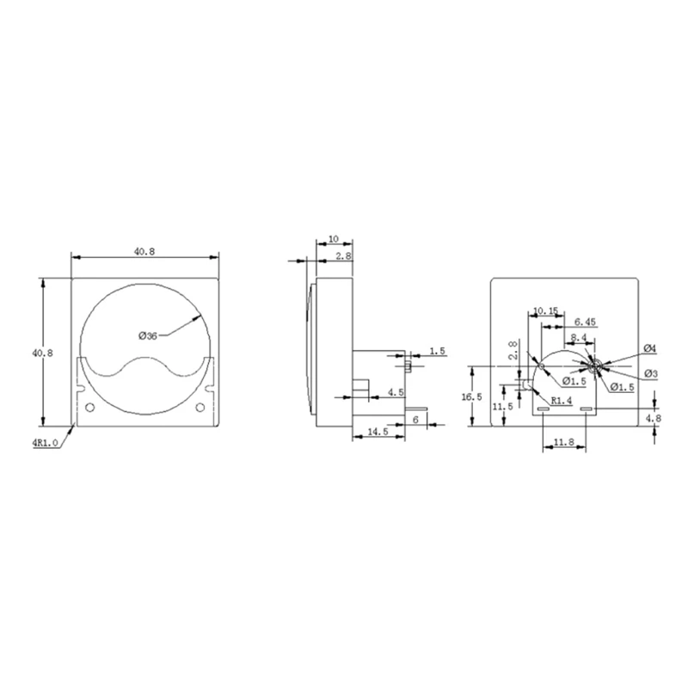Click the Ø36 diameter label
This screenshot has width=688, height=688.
tap(148, 336)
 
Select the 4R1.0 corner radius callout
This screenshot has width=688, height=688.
tap(45, 443)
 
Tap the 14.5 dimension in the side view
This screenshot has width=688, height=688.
tap(378, 432)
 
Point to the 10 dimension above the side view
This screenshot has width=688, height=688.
tap(334, 239)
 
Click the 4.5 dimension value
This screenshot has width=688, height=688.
tap(396, 392)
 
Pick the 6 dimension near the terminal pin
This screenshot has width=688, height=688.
tap(416, 420)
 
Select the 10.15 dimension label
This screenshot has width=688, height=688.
tap(545, 311)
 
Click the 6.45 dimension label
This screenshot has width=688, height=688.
tap(586, 322)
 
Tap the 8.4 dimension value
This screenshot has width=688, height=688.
tap(578, 338)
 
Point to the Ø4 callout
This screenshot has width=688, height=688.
tap(650, 349)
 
